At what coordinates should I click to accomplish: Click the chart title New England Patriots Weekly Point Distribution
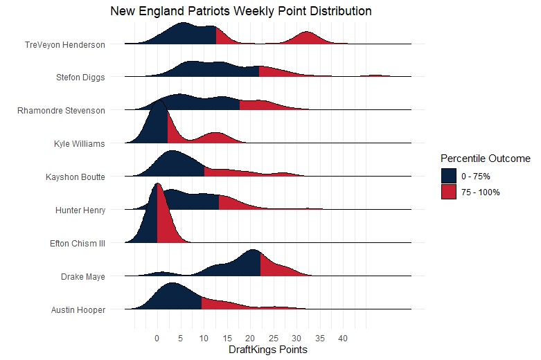[241, 12]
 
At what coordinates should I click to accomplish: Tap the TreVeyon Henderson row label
[65, 45]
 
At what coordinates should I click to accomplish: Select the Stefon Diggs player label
[80, 78]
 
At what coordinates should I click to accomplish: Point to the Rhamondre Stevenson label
[61, 111]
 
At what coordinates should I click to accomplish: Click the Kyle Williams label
[79, 144]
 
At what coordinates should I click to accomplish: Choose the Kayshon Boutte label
[75, 177]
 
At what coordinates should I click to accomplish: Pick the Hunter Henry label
[80, 210]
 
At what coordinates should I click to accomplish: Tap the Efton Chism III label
[78, 243]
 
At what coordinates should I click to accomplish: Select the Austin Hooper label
[78, 309]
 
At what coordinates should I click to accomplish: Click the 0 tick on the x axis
[157, 339]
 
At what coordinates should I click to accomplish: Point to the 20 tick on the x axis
[250, 339]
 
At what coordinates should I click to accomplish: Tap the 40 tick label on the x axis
[343, 339]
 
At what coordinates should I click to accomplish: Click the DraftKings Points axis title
[267, 350]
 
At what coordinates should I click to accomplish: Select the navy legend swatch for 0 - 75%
[448, 176]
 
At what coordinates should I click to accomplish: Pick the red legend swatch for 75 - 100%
[448, 192]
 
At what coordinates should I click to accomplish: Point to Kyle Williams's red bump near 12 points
[215, 138]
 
